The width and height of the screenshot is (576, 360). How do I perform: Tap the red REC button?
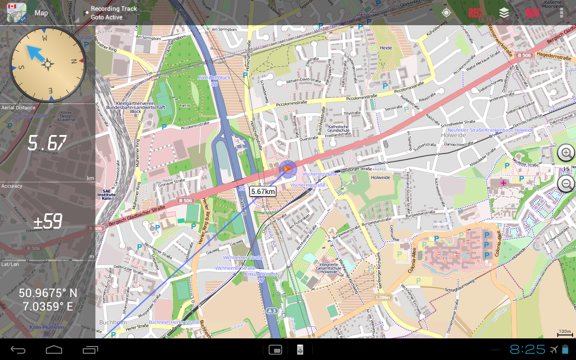pos(475,13)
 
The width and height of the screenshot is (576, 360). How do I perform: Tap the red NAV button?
pos(532,13)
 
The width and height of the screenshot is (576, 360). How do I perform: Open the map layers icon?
pos(504,13)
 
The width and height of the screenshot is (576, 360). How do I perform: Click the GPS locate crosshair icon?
pos(446,13)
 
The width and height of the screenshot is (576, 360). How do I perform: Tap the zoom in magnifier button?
pos(566,153)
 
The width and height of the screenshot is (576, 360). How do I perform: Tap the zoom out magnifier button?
pos(566,183)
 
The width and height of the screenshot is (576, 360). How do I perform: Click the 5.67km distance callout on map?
pos(263,191)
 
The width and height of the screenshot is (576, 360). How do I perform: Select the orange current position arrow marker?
pos(287,169)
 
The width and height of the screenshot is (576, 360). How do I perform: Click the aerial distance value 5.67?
pos(47,144)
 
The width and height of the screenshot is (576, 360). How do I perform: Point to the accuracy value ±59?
pos(47,221)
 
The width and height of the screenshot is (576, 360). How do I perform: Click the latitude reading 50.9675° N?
pos(48,293)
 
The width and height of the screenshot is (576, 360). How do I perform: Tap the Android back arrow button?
pos(18,350)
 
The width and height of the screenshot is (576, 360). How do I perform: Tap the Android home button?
pos(54,350)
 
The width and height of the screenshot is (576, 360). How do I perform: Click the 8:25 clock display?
pos(527,349)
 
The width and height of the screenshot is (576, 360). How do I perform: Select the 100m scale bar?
pos(565,333)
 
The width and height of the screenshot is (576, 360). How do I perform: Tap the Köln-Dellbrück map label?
pos(214,78)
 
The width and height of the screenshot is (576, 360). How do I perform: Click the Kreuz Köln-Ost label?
pos(261,274)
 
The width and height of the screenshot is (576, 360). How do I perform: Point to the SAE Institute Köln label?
pos(106,194)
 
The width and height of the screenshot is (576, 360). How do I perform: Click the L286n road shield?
pos(383,297)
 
